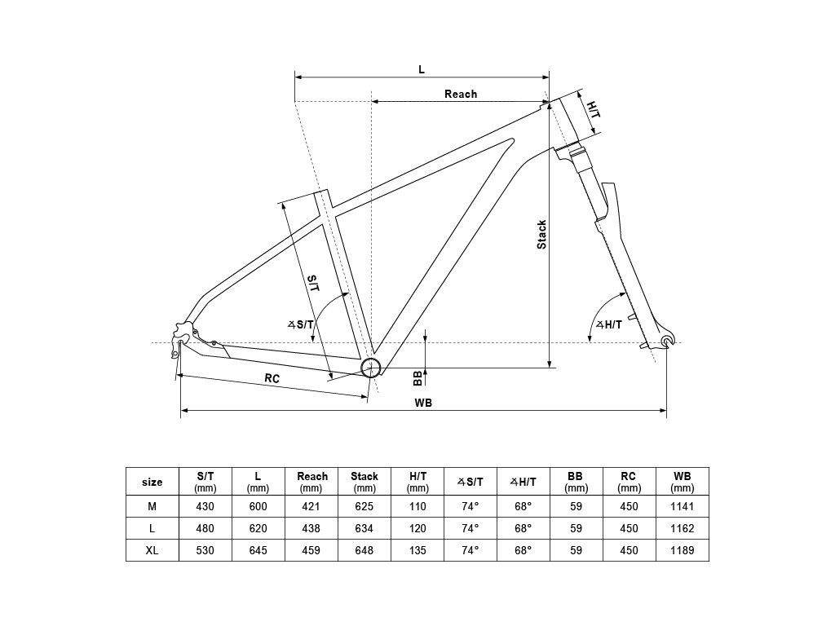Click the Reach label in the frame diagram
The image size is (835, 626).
click(461, 95)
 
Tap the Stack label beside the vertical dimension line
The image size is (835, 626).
click(541, 235)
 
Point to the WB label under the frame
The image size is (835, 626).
click(423, 403)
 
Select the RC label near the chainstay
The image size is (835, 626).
click(272, 378)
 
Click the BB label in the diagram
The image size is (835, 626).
click(418, 378)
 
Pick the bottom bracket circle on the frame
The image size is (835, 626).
click(371, 368)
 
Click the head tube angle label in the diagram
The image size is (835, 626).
click(608, 324)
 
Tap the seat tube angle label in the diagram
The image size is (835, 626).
click(301, 324)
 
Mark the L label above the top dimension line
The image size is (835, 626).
click(422, 70)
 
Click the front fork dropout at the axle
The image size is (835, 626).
click(666, 341)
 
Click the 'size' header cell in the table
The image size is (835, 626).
click(152, 483)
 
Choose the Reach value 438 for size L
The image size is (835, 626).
click(311, 528)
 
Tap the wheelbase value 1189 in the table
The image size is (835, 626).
click(683, 550)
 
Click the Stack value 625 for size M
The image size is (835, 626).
click(364, 506)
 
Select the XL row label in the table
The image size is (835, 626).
click(152, 550)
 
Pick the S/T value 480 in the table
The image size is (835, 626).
click(205, 528)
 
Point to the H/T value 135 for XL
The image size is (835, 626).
click(417, 550)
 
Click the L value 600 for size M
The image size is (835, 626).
click(258, 506)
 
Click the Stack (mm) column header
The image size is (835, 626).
click(364, 482)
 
